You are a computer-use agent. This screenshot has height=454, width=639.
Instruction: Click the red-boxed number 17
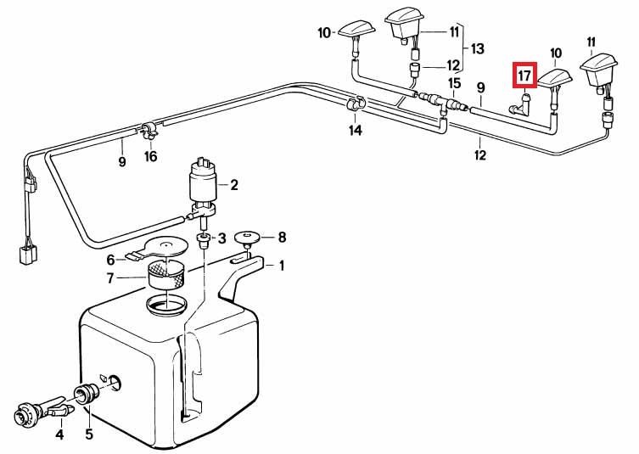[x=525, y=76]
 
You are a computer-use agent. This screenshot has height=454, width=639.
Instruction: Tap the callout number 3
[x=221, y=238]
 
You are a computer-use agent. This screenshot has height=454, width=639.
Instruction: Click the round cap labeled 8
[x=248, y=238]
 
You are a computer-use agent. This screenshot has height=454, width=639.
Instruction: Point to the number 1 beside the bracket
[x=281, y=266]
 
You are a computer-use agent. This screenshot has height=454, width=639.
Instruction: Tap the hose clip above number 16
[x=149, y=131]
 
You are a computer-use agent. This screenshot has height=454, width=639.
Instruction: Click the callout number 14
[x=356, y=131]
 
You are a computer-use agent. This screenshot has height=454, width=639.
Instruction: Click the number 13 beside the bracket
[x=477, y=49]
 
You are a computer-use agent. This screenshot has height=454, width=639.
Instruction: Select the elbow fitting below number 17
[x=521, y=104]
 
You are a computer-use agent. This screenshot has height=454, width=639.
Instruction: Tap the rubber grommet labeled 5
[x=86, y=393]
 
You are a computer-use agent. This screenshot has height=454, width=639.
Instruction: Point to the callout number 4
[x=59, y=434]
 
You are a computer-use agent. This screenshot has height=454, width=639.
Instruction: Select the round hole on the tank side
[x=114, y=382]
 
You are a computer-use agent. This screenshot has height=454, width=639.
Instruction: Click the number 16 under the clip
[x=150, y=155]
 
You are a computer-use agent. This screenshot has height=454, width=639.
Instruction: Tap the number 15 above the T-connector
[x=454, y=83]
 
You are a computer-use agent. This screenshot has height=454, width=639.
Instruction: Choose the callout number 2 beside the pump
[x=234, y=185]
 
